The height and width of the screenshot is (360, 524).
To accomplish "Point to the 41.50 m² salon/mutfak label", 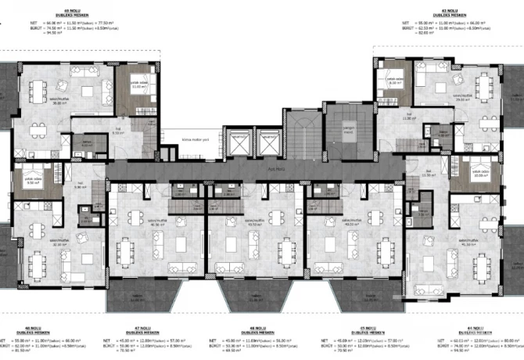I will pyautogui.click(x=468, y=243).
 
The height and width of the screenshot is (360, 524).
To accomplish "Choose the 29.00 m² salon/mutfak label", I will pyautogui.click(x=463, y=98).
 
